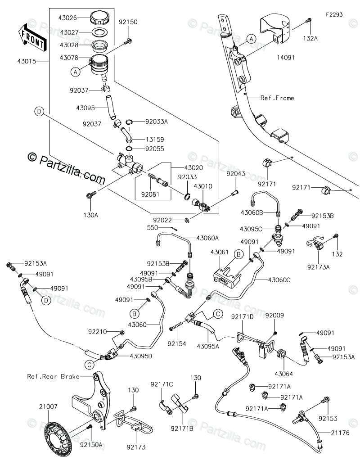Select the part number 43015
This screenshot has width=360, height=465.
(27, 61)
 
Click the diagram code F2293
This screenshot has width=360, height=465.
(334, 14)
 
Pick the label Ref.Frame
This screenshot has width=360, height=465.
(277, 98)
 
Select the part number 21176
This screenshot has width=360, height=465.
(340, 433)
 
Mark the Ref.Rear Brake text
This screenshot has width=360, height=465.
(54, 376)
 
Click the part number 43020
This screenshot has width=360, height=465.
(193, 168)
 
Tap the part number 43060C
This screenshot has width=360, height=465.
(279, 280)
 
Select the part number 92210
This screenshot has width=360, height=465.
(97, 332)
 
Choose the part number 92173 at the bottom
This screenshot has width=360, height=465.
(136, 447)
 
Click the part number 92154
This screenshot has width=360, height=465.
(177, 344)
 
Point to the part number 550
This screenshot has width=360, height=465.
(153, 227)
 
